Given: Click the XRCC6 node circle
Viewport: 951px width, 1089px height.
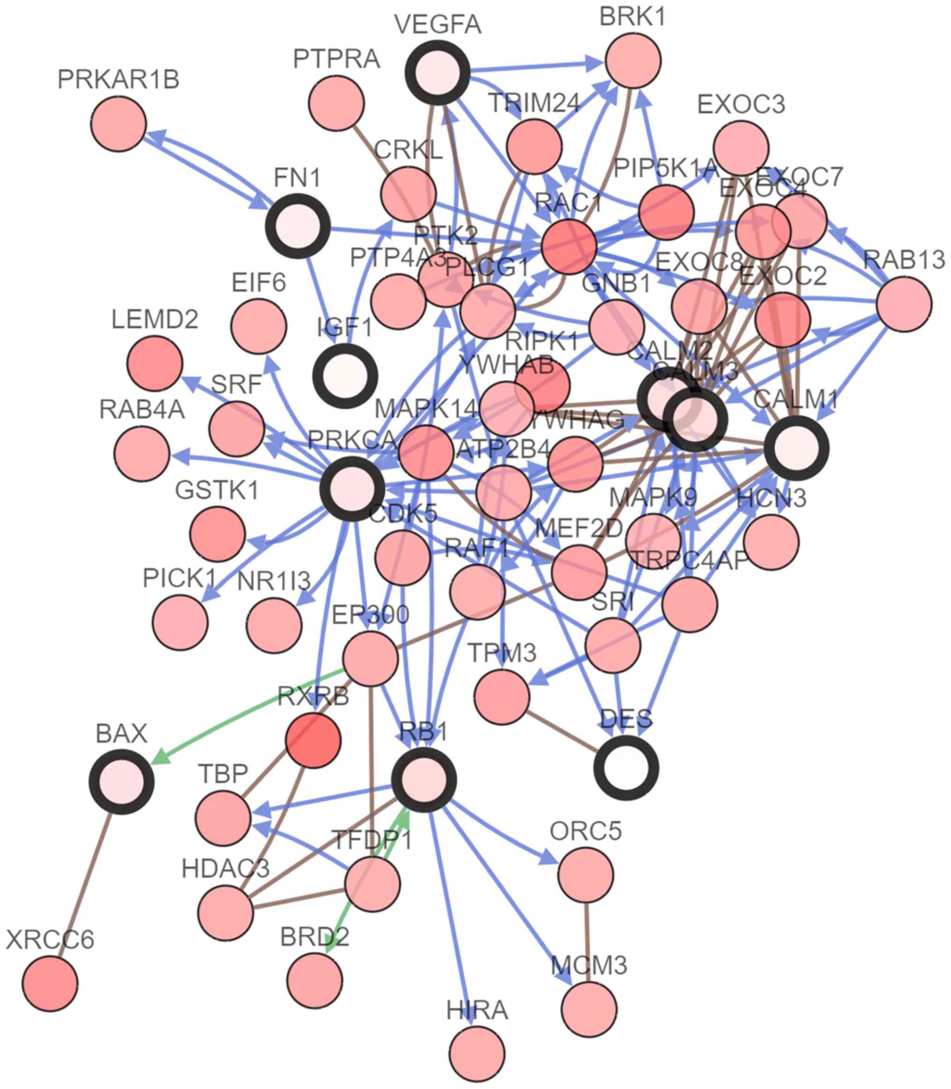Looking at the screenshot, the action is (50, 983).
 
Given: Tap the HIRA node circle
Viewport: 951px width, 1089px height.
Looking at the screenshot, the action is (476, 1053).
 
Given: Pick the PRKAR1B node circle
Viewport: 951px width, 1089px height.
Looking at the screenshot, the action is (118, 124).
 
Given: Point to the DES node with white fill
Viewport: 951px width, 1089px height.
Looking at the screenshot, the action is (626, 767).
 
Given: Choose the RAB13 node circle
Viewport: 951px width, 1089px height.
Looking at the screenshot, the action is (904, 303).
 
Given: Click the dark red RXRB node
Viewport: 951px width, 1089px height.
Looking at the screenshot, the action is (313, 740).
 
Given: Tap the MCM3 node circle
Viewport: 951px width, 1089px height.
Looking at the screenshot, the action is (589, 1008).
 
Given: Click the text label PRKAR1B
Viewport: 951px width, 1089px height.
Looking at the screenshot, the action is (118, 80).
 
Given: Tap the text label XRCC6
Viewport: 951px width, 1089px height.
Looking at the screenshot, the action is (50, 940).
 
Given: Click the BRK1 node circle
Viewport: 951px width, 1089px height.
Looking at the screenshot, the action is (633, 60).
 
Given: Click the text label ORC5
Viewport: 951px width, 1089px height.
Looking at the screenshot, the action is (585, 831).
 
